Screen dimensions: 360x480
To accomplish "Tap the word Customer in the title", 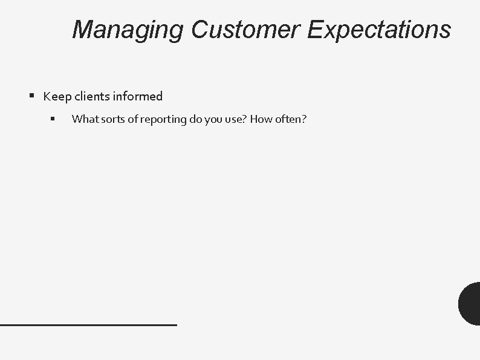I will (x=244, y=30).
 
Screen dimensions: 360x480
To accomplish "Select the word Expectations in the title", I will (x=378, y=30).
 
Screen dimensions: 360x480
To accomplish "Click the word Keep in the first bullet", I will (x=57, y=96).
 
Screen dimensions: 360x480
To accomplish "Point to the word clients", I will (x=92, y=96).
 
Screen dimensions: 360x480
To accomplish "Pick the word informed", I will (x=137, y=96).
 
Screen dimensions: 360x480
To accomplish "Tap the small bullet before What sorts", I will (x=53, y=119).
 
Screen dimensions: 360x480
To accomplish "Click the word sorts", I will (x=112, y=119).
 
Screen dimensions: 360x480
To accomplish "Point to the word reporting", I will (x=163, y=119).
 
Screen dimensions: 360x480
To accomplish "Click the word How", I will (x=261, y=119).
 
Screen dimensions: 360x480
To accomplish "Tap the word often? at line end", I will (x=291, y=119).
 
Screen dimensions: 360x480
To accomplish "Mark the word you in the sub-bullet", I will (x=214, y=119).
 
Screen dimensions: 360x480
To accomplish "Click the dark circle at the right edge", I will (x=470, y=303).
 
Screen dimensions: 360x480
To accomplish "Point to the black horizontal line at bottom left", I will (x=88, y=325).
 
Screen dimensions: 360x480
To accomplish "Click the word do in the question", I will (x=196, y=119).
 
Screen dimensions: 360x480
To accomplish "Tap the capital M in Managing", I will (x=82, y=30).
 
